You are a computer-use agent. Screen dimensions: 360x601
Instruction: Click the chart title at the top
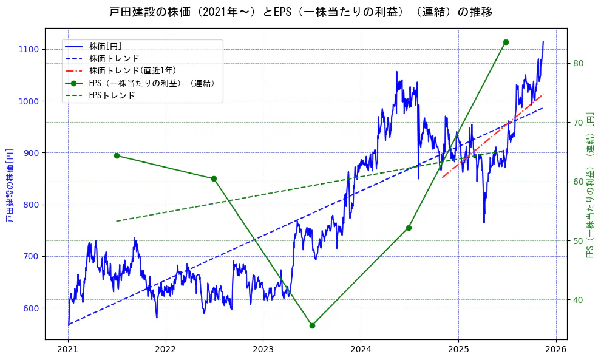click(300, 12)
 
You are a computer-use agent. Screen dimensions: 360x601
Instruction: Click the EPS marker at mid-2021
click(117, 155)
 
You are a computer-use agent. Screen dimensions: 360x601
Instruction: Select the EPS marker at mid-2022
click(214, 178)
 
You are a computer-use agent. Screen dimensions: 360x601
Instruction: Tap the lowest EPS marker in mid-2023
click(312, 325)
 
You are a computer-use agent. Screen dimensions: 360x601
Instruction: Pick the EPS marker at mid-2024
click(409, 228)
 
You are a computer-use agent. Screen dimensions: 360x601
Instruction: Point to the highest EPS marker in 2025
click(506, 42)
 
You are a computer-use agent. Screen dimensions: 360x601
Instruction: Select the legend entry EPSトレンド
click(112, 95)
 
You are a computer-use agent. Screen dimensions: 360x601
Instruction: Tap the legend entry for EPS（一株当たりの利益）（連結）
click(152, 83)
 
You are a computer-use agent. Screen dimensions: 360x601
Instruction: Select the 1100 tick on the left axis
click(29, 49)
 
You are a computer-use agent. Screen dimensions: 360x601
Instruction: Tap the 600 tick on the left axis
click(31, 308)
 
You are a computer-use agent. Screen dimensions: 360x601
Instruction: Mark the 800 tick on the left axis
click(31, 205)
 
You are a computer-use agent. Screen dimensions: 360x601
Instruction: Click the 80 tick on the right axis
click(578, 63)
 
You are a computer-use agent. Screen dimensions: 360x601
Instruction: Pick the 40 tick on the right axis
click(578, 300)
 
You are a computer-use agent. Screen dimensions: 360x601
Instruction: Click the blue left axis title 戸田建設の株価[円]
click(10, 185)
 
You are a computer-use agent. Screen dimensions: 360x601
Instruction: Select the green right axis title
click(589, 185)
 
